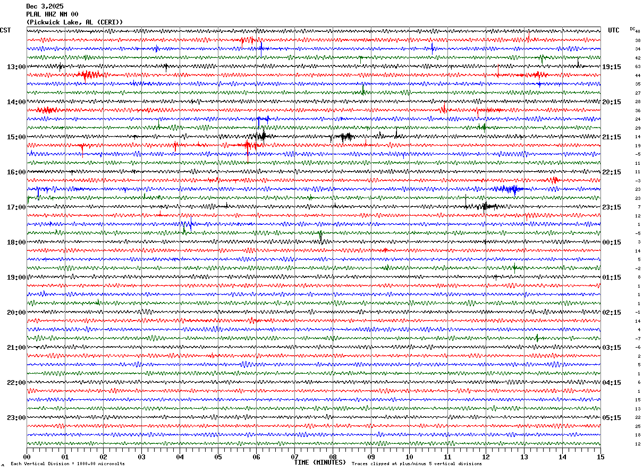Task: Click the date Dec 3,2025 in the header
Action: (45, 6)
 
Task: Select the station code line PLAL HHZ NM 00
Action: (52, 14)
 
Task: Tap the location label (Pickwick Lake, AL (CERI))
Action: (74, 22)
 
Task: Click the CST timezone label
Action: (5, 30)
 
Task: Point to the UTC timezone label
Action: (614, 30)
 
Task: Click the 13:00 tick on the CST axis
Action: (16, 67)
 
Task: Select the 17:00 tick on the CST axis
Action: (16, 207)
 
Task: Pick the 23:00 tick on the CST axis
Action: (16, 418)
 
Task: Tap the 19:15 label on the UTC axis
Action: (612, 67)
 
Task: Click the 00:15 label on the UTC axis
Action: (612, 242)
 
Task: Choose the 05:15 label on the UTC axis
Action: (612, 418)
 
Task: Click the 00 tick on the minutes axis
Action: (27, 457)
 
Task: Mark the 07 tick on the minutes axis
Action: (294, 457)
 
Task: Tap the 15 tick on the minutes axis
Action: (600, 457)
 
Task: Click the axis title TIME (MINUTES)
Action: (320, 462)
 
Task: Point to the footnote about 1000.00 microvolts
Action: (67, 464)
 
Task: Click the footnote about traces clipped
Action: (417, 464)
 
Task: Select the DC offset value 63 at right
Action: (638, 67)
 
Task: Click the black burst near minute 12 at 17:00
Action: (486, 206)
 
